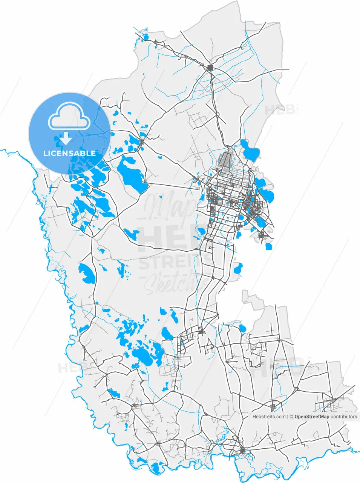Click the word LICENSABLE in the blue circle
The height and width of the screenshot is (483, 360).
pos(69,153)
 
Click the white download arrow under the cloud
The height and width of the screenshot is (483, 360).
pos(66,138)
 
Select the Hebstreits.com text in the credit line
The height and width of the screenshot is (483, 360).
pos(269,417)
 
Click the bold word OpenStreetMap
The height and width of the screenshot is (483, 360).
pos(312,417)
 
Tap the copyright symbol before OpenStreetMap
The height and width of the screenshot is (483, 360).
pos(291,417)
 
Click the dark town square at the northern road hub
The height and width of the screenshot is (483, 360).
pos(210,68)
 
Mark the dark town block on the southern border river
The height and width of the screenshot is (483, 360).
pos(242,451)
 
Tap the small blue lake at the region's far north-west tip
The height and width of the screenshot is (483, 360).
pos(146,37)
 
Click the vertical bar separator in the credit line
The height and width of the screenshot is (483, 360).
pos(287,417)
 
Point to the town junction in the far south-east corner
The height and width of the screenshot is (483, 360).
pos(332,401)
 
